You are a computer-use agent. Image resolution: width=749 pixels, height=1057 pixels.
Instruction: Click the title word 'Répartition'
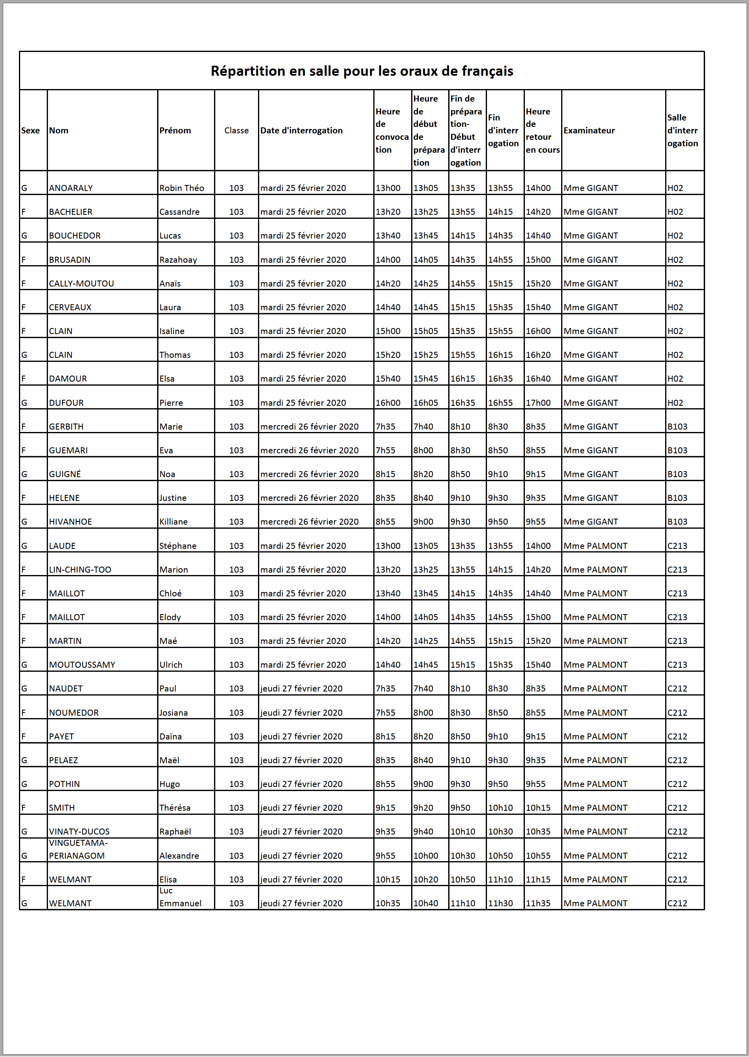(x=248, y=71)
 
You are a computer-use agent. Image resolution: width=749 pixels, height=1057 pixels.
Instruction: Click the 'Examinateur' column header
(x=589, y=131)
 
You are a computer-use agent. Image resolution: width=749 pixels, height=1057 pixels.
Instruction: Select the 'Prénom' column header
(x=175, y=131)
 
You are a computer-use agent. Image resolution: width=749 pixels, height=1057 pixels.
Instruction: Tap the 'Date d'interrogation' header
(x=301, y=131)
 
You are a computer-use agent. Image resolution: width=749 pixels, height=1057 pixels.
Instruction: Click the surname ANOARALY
(x=71, y=188)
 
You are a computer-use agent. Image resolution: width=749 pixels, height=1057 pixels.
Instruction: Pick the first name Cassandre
(x=179, y=212)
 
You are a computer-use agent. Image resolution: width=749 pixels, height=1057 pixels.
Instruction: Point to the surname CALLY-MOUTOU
(x=81, y=284)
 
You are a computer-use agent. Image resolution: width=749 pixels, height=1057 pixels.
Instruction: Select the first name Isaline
(x=172, y=331)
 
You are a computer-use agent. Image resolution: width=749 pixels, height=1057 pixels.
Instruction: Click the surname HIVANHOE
(x=70, y=522)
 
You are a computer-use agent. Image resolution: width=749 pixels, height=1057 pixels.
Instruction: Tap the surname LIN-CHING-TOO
(x=80, y=570)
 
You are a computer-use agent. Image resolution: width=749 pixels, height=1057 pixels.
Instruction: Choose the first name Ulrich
(x=171, y=665)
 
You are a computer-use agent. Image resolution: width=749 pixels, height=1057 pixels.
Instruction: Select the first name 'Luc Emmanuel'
(x=180, y=897)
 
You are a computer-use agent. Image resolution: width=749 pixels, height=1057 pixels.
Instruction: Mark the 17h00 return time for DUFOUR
(x=538, y=403)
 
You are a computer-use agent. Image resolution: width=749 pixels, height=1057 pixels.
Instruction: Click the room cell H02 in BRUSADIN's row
(x=675, y=260)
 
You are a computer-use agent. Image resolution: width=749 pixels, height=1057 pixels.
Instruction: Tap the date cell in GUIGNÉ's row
(x=309, y=474)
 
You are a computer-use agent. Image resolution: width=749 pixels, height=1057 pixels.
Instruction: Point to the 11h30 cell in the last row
(x=500, y=903)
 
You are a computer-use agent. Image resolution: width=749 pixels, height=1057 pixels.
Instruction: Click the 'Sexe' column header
(x=31, y=131)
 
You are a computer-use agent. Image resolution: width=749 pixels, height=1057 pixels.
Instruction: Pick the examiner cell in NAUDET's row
(x=595, y=689)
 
